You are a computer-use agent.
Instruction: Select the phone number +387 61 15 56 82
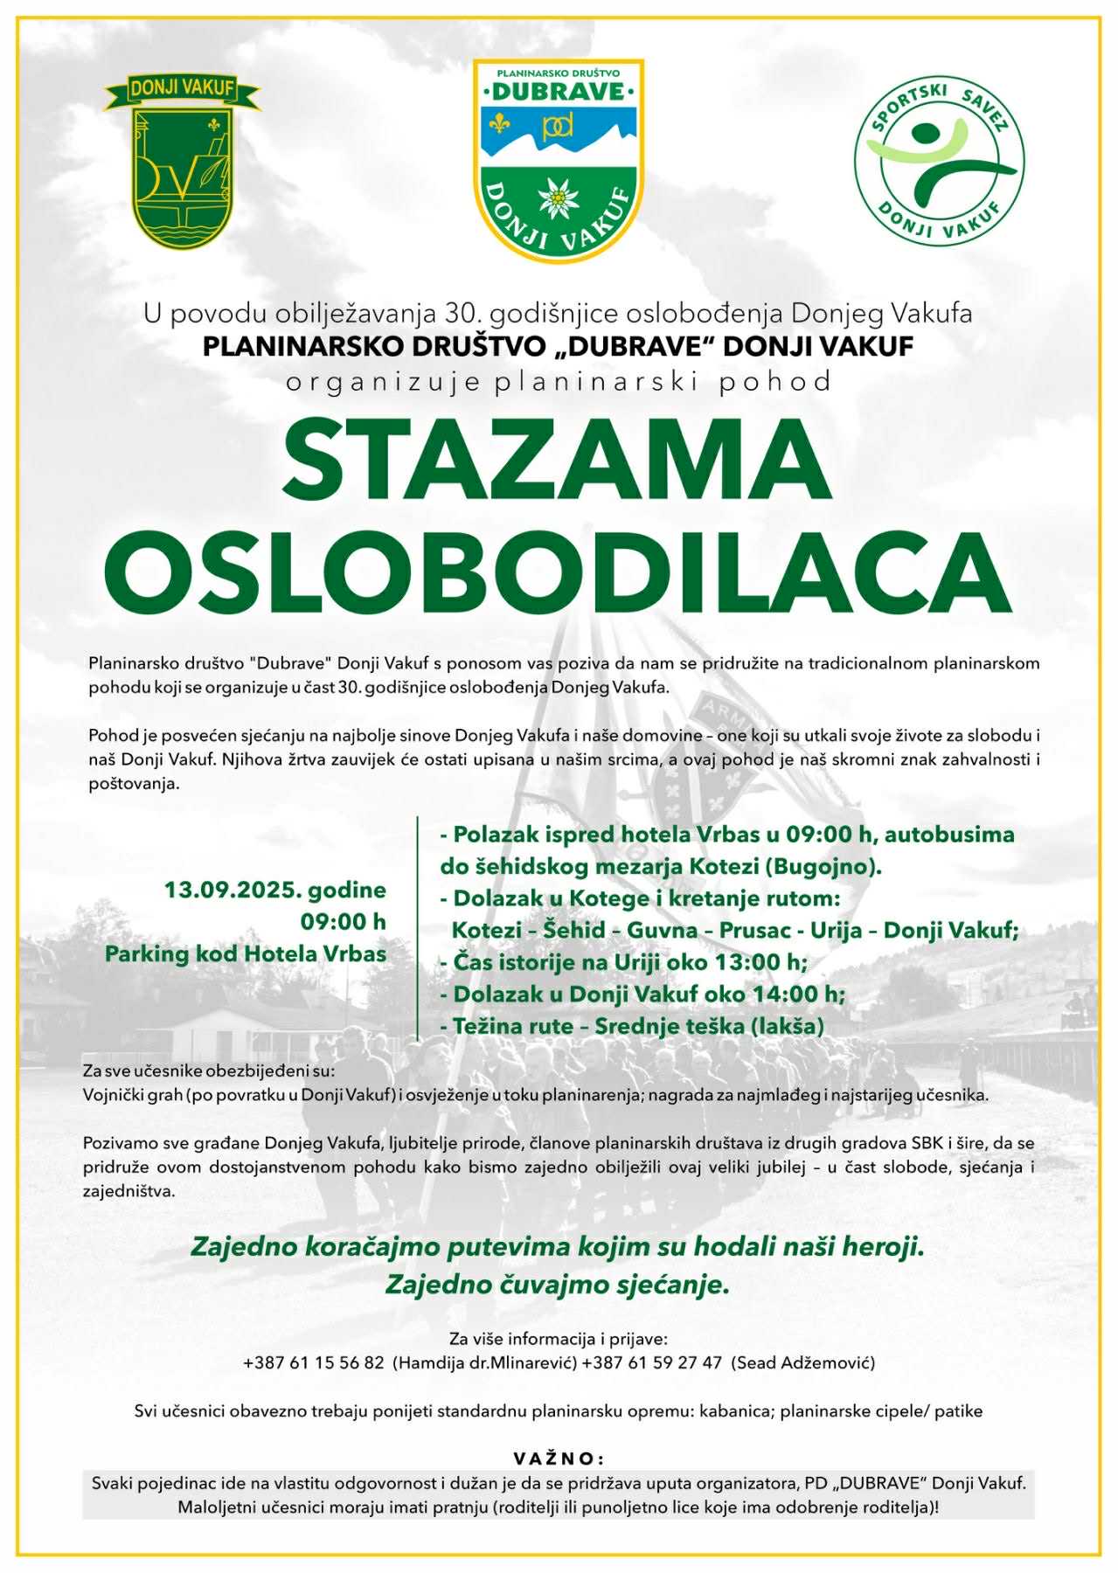click(x=314, y=1362)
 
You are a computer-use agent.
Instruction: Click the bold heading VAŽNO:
click(x=558, y=1459)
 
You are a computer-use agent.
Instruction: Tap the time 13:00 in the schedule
click(x=751, y=962)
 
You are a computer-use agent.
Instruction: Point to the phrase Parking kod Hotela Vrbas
click(x=246, y=953)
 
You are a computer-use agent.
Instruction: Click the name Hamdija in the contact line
click(x=426, y=1362)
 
